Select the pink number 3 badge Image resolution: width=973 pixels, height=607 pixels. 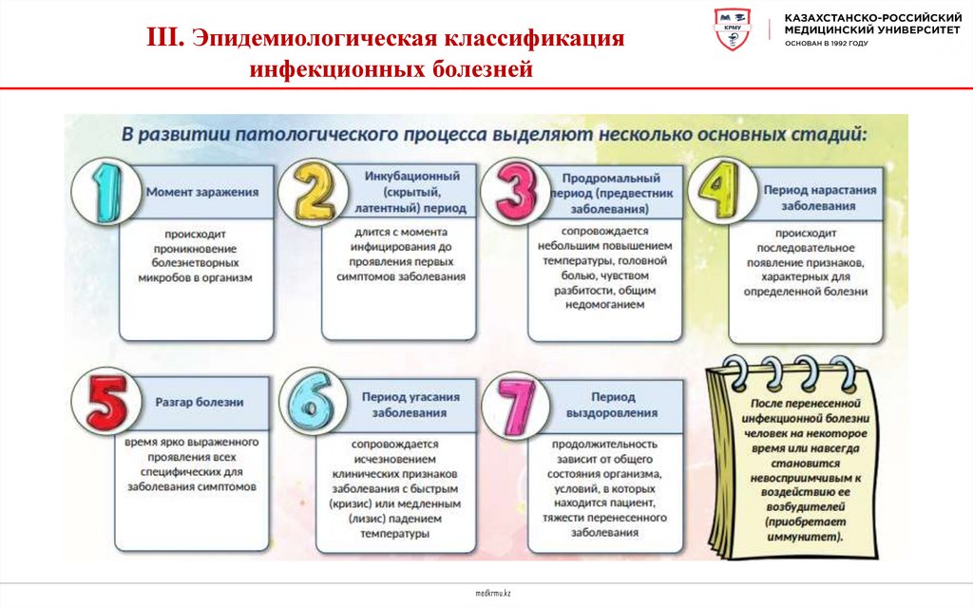point(515,190)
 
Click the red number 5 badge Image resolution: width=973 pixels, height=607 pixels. point(107,403)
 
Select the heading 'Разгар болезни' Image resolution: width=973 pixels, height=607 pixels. point(200,402)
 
